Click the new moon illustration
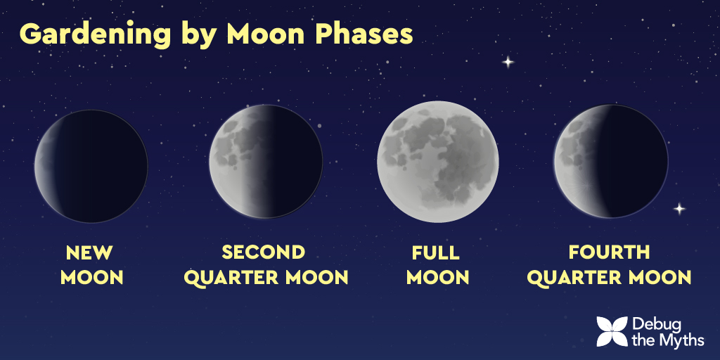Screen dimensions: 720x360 coord(91,166)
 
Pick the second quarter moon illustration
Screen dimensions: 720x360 coord(266,162)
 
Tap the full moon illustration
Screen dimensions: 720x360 coord(437,162)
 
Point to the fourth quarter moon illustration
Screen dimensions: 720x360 coord(611,161)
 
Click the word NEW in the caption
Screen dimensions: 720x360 coord(89,252)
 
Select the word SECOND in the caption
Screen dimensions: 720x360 coord(264,252)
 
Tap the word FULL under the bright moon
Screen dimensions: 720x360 coord(436,252)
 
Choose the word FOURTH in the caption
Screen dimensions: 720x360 coord(610,252)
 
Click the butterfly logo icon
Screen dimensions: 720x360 coord(612,332)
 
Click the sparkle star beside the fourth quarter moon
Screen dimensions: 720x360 coord(679,209)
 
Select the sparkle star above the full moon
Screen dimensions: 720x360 coord(508,62)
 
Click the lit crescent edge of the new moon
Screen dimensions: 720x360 coord(44,166)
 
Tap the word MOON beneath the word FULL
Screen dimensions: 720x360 coord(437,278)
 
